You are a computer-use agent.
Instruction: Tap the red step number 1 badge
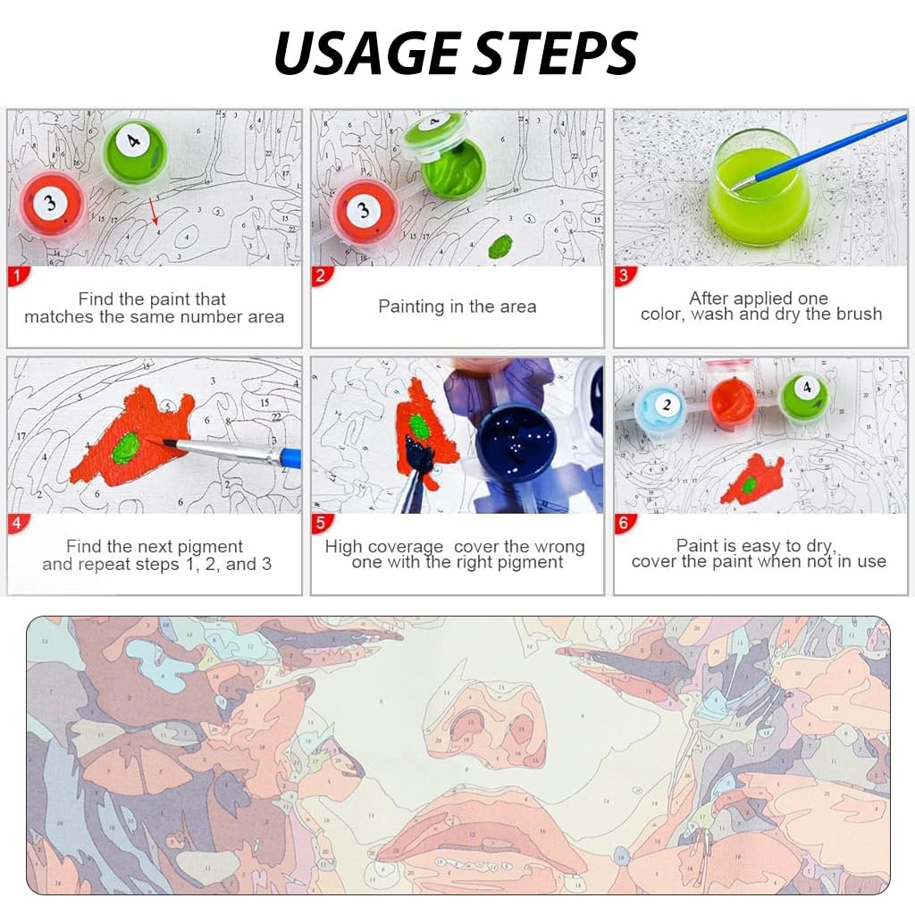pyautogui.click(x=17, y=276)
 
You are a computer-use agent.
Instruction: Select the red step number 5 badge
pyautogui.click(x=320, y=524)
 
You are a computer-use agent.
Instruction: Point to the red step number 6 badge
pyautogui.click(x=623, y=524)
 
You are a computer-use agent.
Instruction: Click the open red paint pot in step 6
pyautogui.click(x=733, y=400)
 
